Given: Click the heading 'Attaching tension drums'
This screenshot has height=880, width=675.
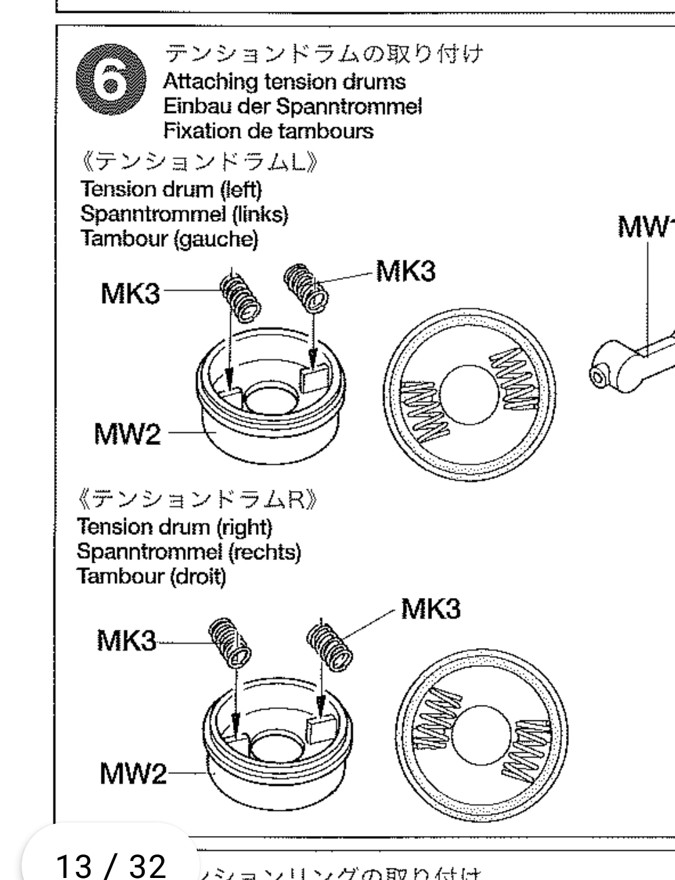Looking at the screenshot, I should tap(284, 82).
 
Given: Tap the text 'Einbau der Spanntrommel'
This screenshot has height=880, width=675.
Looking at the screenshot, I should tap(292, 106).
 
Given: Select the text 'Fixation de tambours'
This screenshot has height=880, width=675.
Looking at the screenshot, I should tap(268, 130).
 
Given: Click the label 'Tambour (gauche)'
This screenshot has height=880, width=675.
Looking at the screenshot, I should tap(169, 239).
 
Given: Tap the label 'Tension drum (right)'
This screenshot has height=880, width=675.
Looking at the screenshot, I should tap(175, 526).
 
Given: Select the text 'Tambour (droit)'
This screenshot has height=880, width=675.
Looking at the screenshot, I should tap(151, 576).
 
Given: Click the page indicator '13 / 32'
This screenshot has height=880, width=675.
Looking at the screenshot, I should tap(110, 864).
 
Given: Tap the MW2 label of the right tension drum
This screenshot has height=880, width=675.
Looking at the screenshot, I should tap(133, 772).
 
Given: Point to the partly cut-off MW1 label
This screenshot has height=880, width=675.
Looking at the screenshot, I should tap(647, 228).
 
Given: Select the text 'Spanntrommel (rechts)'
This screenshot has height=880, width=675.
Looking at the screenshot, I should tap(189, 551).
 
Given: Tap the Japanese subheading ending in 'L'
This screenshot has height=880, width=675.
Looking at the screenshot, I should tap(200, 163).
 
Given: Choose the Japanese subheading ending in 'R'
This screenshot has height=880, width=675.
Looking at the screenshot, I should tap(198, 501).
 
